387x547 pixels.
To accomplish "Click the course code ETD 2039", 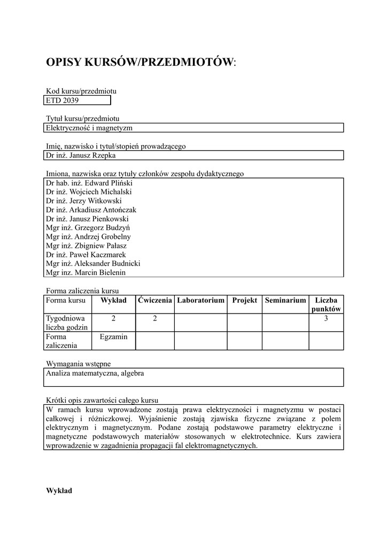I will [62, 100].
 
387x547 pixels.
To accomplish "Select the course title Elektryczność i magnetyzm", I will [89, 128].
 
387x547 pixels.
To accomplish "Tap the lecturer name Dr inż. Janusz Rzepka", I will [81, 155].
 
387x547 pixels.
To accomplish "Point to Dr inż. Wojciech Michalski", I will [89, 192].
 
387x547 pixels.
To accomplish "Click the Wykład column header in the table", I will [113, 301].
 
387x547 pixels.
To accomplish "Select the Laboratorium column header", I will [200, 301].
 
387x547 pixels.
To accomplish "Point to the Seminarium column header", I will [285, 301].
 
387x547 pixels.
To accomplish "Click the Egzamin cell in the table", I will [113, 337].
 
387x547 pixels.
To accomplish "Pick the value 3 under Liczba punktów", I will [326, 318].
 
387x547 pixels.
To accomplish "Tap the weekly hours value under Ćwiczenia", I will [155, 318].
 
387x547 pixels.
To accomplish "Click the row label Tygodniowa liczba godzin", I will [63, 323].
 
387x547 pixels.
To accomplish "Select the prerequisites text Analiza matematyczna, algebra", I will [95, 373].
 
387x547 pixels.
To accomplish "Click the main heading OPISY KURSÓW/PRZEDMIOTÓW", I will [141, 62].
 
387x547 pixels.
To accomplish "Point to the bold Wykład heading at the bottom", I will [59, 490].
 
